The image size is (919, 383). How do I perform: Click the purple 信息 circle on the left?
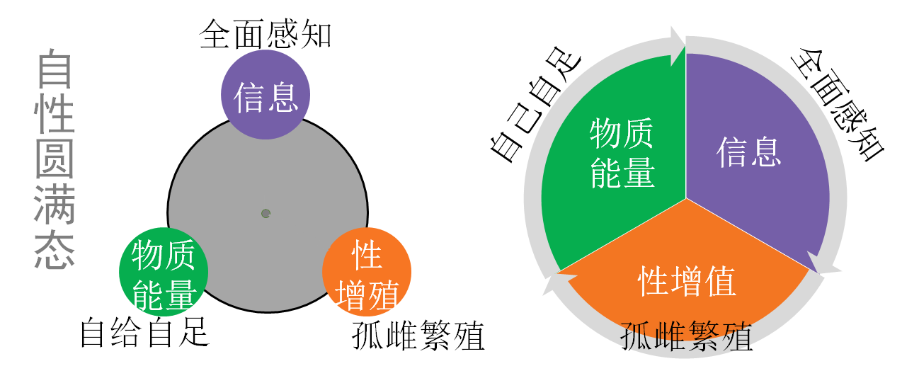[x=266, y=95]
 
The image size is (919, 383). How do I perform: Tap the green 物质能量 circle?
[x=164, y=271]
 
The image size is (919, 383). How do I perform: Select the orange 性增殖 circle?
[x=367, y=271]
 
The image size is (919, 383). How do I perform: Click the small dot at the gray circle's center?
[x=266, y=213]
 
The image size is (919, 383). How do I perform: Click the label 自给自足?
[x=145, y=332]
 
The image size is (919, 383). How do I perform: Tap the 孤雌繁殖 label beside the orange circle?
[x=418, y=336]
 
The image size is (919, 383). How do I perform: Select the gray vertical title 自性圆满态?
[x=55, y=159]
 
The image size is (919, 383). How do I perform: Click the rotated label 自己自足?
[x=535, y=105]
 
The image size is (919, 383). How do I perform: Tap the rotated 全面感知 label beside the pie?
[x=837, y=105]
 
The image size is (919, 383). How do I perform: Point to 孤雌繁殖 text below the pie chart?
[x=686, y=336]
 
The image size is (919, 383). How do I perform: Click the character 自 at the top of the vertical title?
[x=55, y=69]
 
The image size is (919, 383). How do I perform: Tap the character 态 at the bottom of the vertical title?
[x=55, y=250]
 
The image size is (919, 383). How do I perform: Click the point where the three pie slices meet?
[x=686, y=198]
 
